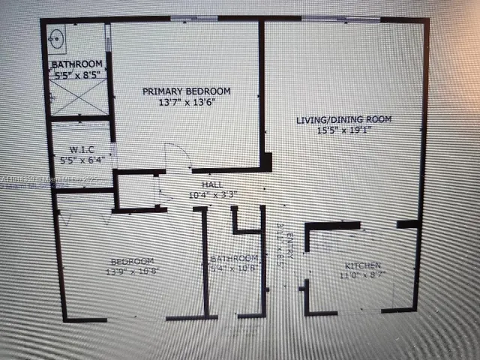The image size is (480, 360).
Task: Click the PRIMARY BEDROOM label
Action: pyautogui.click(x=187, y=91)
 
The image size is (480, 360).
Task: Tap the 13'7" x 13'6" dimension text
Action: pyautogui.click(x=187, y=103)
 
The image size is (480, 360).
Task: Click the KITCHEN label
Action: pyautogui.click(x=363, y=266)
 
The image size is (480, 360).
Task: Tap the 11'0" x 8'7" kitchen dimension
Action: pyautogui.click(x=363, y=276)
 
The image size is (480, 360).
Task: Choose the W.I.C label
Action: pyautogui.click(x=81, y=148)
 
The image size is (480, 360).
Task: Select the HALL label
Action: pyautogui.click(x=211, y=184)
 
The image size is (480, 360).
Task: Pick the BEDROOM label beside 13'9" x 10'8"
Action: pyautogui.click(x=132, y=261)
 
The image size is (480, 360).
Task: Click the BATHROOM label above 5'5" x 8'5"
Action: pyautogui.click(x=77, y=64)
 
